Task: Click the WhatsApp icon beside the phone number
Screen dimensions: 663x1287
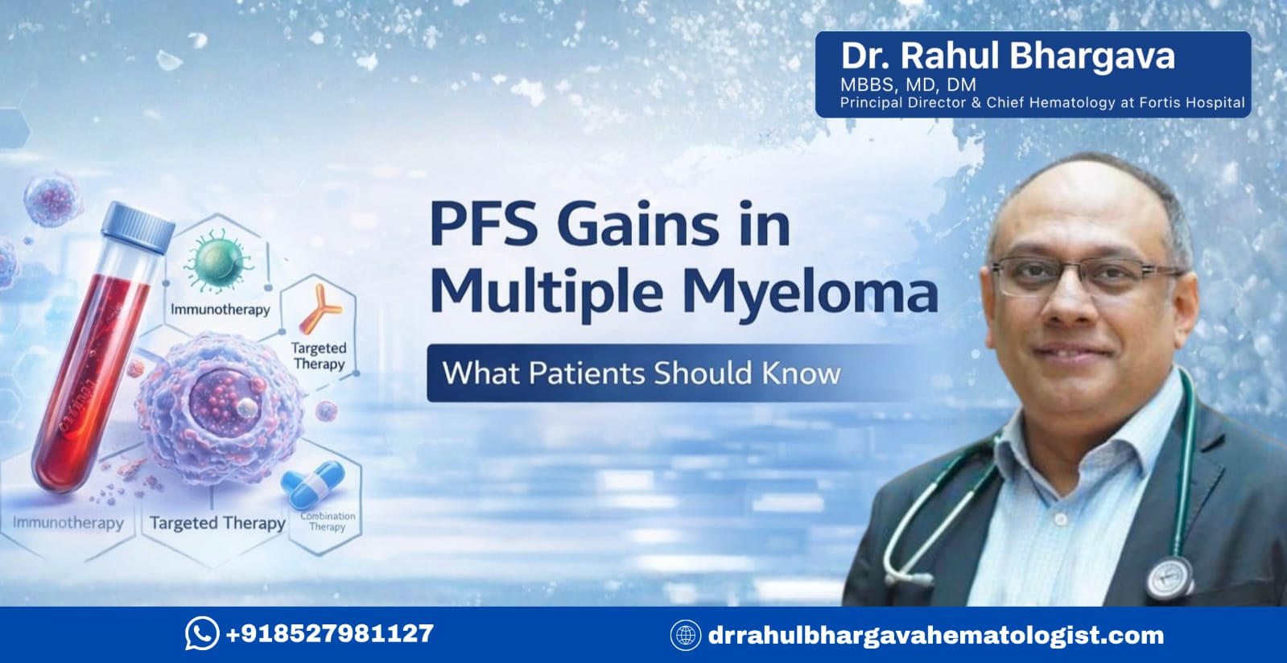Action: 201,633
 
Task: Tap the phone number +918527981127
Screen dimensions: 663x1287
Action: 329,633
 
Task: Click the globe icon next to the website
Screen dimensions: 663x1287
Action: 685,635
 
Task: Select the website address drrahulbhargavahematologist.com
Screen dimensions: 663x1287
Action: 935,635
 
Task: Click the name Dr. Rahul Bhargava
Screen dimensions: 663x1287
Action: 1007,56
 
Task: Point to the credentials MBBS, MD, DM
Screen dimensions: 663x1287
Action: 908,84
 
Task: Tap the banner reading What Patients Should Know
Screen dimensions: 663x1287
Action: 641,373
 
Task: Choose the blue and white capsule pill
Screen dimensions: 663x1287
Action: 313,485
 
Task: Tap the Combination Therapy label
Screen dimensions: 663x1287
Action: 328,521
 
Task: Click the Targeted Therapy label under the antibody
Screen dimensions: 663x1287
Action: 319,356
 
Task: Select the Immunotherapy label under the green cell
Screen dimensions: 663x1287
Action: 220,310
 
